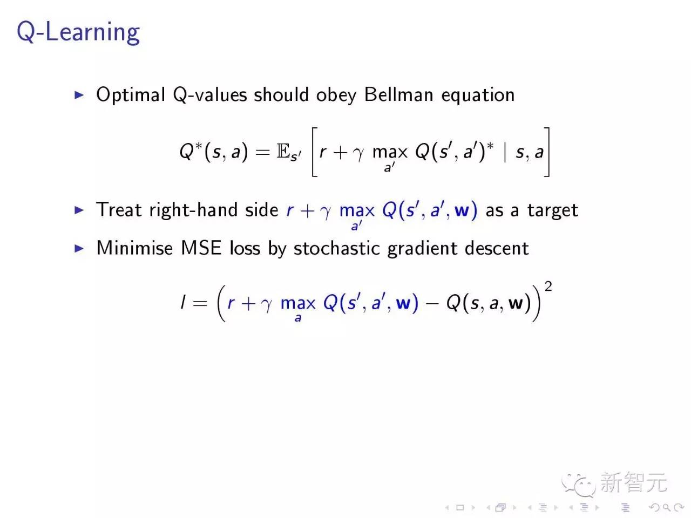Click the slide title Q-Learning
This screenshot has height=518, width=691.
(x=78, y=32)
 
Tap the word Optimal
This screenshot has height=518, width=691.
(x=130, y=95)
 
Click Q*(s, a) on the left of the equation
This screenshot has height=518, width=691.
(x=213, y=152)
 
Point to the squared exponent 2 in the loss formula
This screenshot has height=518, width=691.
(x=548, y=286)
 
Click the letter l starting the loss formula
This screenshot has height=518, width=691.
(x=183, y=303)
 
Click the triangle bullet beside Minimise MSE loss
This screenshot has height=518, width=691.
(x=79, y=248)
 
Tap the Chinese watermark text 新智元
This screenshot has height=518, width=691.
(x=633, y=482)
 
